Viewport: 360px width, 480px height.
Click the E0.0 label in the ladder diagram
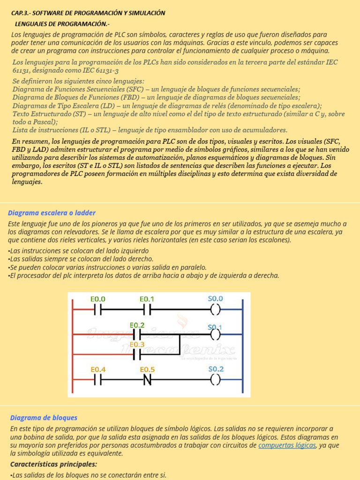coord(97,299)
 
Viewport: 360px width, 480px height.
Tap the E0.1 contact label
coord(147,299)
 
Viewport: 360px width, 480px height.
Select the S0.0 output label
coord(215,299)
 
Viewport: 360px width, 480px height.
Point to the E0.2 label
coord(136,325)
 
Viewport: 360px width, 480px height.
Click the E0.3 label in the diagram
coord(136,345)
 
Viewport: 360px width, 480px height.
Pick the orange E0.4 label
coord(98,369)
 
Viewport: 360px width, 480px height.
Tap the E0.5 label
coord(147,369)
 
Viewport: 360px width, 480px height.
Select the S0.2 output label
coord(216,369)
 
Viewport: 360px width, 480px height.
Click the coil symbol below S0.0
coord(215,310)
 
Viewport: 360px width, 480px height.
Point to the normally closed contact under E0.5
coord(147,380)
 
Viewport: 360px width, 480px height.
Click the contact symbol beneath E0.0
coord(98,310)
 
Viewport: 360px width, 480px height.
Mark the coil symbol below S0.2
coord(215,380)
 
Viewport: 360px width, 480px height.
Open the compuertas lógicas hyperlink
coord(287,445)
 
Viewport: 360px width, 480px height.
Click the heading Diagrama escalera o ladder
coord(52,213)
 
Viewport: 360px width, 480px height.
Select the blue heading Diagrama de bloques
coord(44,418)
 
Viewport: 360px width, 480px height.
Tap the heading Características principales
coord(53,464)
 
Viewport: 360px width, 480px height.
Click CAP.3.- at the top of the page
coord(20,13)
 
